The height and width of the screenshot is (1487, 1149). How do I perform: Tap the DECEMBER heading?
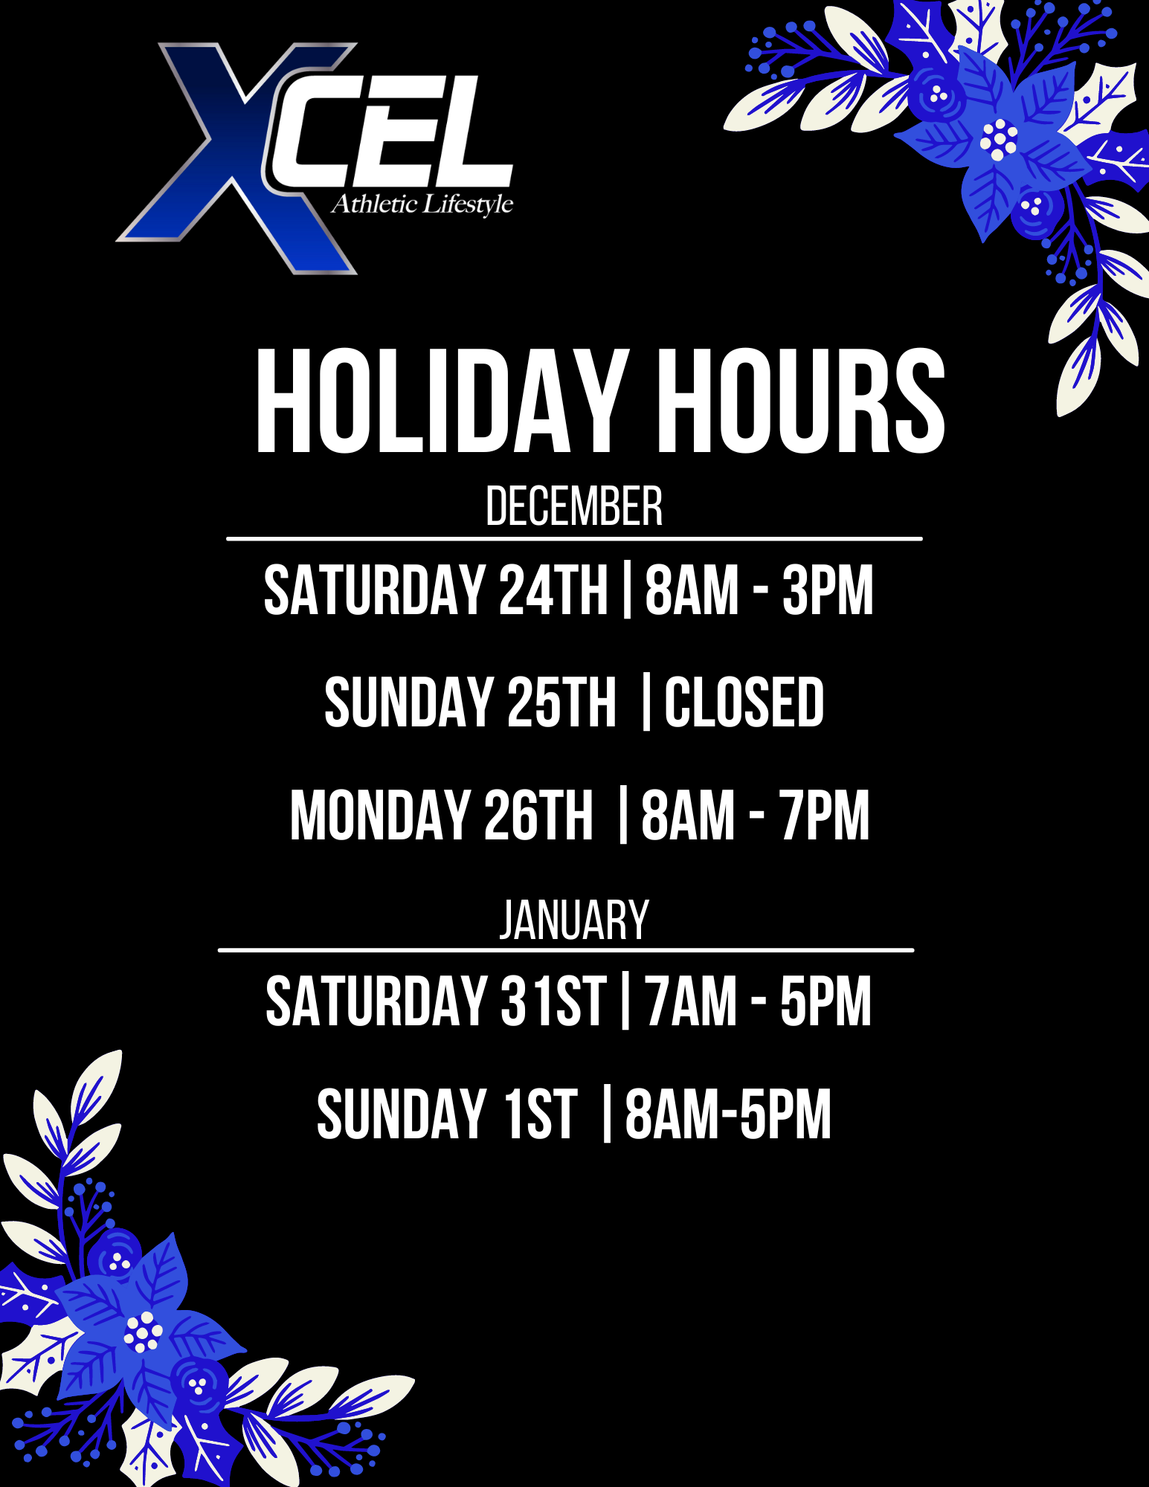[x=574, y=506]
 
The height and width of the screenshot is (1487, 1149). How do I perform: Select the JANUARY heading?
[x=574, y=920]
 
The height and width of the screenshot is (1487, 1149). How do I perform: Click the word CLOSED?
[x=744, y=702]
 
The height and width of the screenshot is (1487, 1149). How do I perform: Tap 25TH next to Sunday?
[x=562, y=702]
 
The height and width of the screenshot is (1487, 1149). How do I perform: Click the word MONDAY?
[x=379, y=816]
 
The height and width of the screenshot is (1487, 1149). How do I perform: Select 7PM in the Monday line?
[x=825, y=816]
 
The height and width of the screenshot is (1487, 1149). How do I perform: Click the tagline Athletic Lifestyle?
[x=422, y=204]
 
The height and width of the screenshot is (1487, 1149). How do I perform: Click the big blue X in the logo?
[x=236, y=158]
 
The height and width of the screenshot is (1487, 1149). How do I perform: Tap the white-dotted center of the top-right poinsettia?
[x=999, y=139]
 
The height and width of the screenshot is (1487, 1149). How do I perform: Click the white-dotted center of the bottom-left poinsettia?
[x=142, y=1332]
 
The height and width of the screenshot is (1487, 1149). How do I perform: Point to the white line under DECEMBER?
[x=574, y=538]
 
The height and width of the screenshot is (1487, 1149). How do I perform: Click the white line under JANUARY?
[x=566, y=949]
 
